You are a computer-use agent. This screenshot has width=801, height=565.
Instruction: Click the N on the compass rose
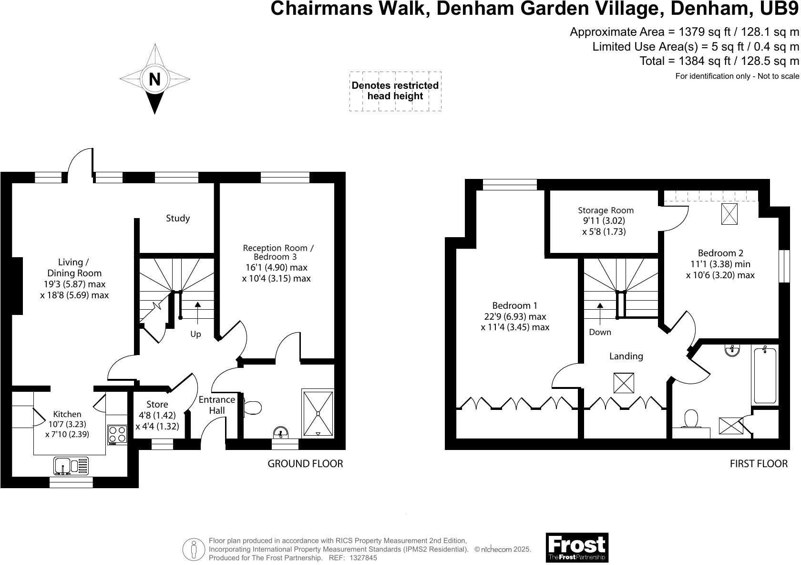click(x=154, y=79)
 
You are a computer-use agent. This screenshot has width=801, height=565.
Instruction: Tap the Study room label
click(x=178, y=218)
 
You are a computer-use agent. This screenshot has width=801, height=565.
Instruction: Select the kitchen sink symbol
click(x=71, y=465)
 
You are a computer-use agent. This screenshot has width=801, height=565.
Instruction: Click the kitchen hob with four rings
click(x=117, y=434)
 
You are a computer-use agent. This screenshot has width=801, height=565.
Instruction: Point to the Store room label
click(x=157, y=404)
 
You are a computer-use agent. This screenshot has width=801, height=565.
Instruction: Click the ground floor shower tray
click(x=318, y=413)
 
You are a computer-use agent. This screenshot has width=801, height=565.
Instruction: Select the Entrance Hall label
click(x=216, y=405)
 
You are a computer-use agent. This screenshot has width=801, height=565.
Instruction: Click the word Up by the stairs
click(x=195, y=334)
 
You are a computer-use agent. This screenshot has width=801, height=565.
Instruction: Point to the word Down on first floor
click(x=600, y=332)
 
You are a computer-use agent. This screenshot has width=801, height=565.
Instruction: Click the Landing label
click(x=626, y=356)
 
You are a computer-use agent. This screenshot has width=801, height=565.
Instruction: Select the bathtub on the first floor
click(x=765, y=376)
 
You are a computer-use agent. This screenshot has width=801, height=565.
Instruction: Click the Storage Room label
click(x=606, y=210)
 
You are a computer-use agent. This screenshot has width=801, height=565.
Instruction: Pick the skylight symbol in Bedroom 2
click(x=729, y=214)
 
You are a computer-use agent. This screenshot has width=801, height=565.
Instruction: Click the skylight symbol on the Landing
click(x=624, y=383)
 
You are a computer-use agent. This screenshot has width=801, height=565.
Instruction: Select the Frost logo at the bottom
click(x=577, y=547)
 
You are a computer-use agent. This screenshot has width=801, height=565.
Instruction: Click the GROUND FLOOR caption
click(x=305, y=463)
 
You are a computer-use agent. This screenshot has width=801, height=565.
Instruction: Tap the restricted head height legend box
click(x=395, y=91)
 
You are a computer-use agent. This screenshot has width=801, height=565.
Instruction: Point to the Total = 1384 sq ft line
click(x=719, y=61)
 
